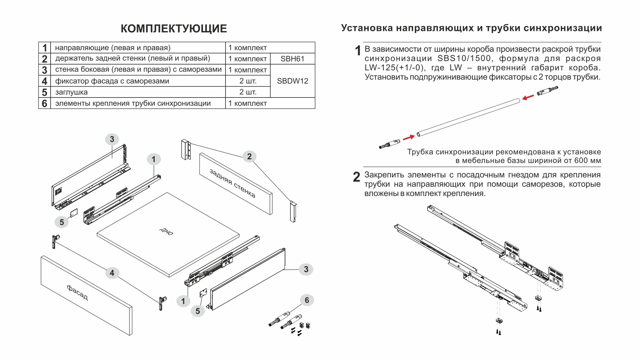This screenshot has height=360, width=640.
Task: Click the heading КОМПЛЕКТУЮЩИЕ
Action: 174,29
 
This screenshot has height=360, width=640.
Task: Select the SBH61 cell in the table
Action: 292,59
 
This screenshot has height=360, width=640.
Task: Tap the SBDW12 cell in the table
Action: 292,81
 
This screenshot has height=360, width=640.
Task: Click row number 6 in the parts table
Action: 45,103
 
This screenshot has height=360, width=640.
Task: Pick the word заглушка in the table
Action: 71,92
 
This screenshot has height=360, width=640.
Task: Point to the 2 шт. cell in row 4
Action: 248,81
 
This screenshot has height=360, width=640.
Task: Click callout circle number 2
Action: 249,157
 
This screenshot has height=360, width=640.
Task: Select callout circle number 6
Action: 307,300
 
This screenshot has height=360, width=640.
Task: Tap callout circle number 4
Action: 112,273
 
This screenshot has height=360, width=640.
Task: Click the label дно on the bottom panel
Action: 166,231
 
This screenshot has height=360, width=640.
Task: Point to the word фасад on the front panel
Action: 78,292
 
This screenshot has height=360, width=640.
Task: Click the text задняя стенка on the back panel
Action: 233,183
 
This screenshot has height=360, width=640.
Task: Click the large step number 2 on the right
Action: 356,177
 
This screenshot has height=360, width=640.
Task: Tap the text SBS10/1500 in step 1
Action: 464,59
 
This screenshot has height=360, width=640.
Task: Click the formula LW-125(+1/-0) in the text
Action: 395,68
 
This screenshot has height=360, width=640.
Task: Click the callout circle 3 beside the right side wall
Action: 306,270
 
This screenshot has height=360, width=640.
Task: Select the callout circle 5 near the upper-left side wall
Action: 62,222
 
